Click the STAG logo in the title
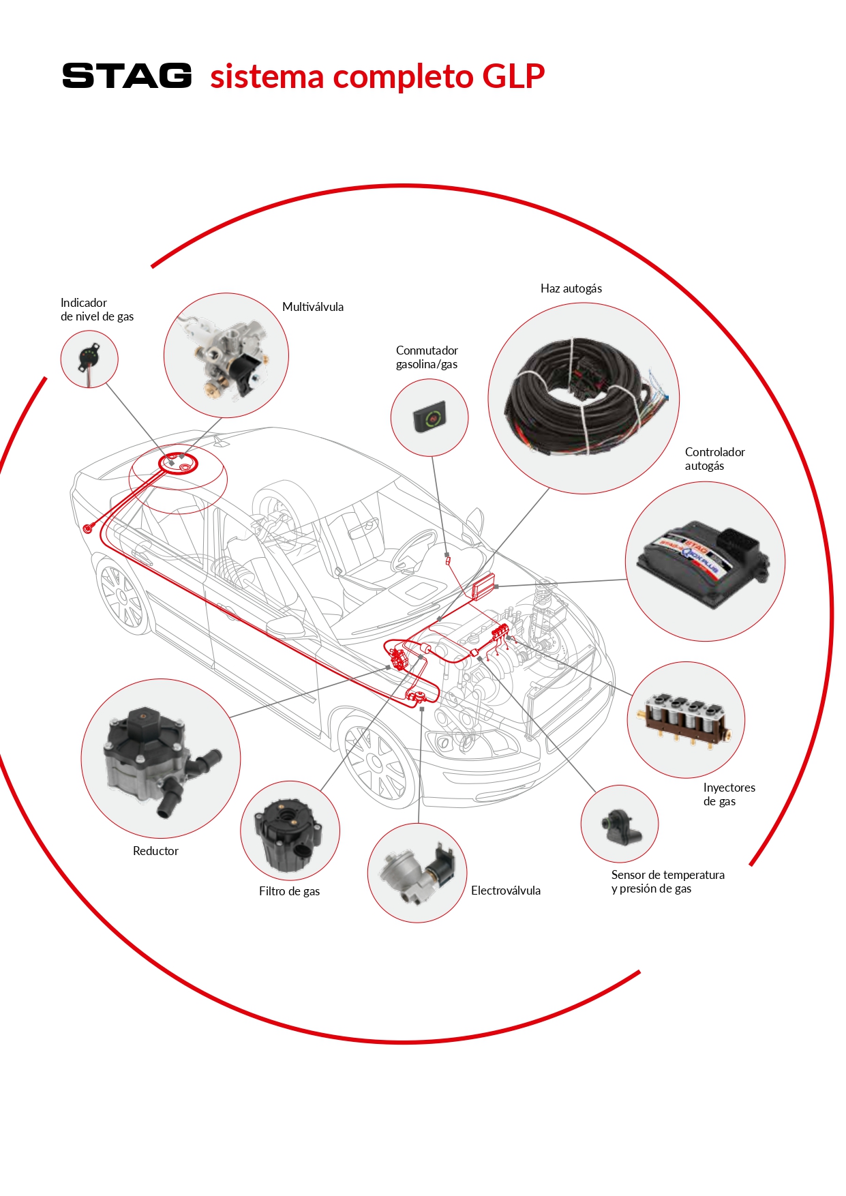[x=127, y=76]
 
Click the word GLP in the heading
[x=513, y=76]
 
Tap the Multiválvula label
[x=313, y=307]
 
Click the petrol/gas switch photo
[x=429, y=417]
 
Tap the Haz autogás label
[x=571, y=288]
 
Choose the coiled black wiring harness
[x=583, y=398]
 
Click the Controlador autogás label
[x=714, y=459]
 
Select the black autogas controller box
[x=704, y=562]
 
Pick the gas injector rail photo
[x=686, y=720]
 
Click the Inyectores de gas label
[x=729, y=794]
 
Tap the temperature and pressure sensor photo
[x=620, y=824]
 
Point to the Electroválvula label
[x=506, y=891]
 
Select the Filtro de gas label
[x=289, y=891]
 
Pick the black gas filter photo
[x=290, y=831]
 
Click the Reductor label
[x=155, y=851]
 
